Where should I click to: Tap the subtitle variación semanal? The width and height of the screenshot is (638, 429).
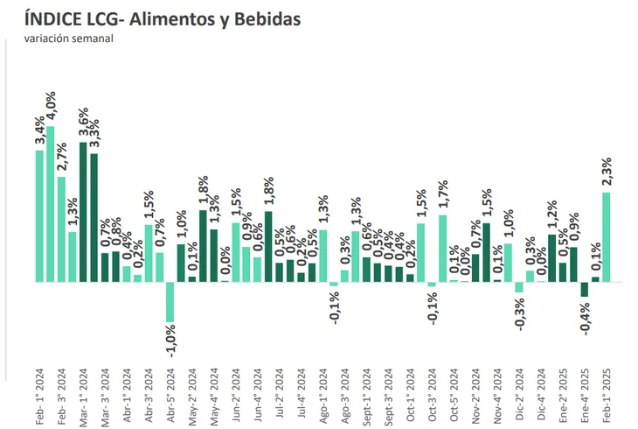click(x=68, y=38)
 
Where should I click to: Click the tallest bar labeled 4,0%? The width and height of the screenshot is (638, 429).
click(x=51, y=204)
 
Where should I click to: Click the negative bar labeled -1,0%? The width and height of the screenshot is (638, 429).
click(x=170, y=302)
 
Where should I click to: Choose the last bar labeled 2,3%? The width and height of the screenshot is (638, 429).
click(x=607, y=237)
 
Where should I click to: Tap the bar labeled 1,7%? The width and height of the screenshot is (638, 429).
click(x=443, y=249)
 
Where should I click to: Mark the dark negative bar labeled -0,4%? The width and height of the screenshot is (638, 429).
click(x=585, y=290)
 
